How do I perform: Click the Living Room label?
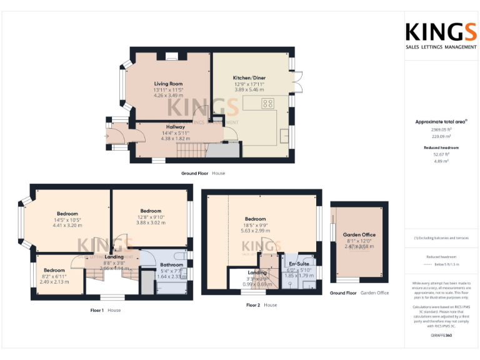click(168, 84)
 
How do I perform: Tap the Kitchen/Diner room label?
click(249, 77)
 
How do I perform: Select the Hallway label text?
click(175, 127)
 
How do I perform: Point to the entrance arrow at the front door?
click(107, 136)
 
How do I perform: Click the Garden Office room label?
click(359, 235)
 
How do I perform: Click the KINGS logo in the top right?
click(441, 32)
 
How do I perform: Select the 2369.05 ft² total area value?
click(441, 129)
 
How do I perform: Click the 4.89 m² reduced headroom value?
click(441, 161)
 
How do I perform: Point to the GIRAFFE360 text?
click(441, 336)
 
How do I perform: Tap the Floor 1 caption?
click(96, 310)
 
